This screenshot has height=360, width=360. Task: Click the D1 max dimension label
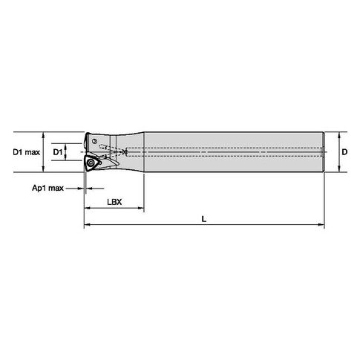click(26, 152)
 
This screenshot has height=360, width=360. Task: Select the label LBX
click(114, 202)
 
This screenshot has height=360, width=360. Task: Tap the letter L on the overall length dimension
click(203, 219)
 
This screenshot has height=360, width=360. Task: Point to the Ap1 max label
click(48, 188)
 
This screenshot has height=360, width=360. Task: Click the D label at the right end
click(344, 152)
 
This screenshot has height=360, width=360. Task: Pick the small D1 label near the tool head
click(58, 152)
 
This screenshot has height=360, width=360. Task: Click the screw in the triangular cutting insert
click(91, 163)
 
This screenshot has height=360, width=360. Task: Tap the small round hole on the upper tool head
click(94, 141)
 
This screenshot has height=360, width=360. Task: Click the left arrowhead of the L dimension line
click(88, 225)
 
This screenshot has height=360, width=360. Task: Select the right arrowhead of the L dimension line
click(321, 225)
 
